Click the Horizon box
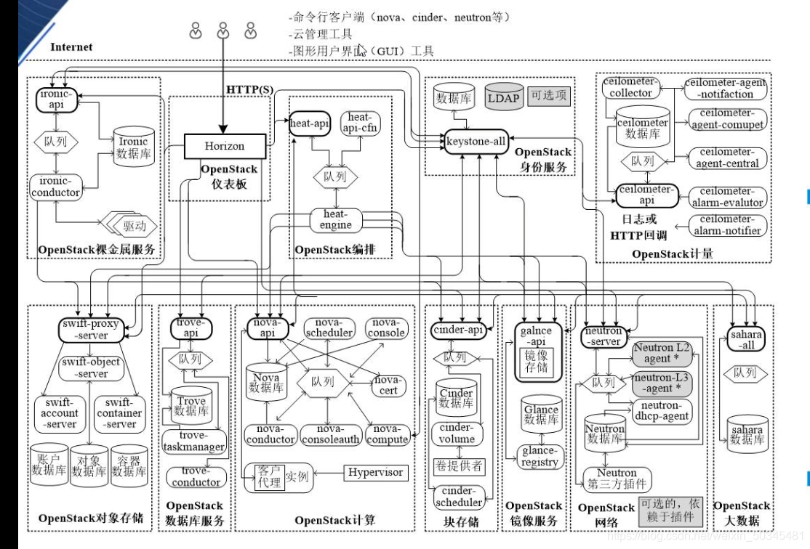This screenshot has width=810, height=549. (224, 146)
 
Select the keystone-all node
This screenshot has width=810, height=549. (476, 142)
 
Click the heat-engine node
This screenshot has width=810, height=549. (335, 219)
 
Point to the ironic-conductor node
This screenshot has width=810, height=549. (56, 187)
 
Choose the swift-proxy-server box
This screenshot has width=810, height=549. (89, 330)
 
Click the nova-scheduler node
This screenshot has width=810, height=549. (329, 328)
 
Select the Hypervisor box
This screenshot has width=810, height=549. (375, 472)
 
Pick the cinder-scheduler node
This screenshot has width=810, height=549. (459, 497)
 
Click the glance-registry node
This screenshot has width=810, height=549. (540, 457)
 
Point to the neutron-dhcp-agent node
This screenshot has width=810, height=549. (661, 411)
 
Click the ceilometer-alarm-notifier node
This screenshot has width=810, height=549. (723, 225)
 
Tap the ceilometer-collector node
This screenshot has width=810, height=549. (630, 88)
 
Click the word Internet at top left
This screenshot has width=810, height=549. (71, 47)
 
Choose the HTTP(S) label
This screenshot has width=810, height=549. (250, 89)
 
